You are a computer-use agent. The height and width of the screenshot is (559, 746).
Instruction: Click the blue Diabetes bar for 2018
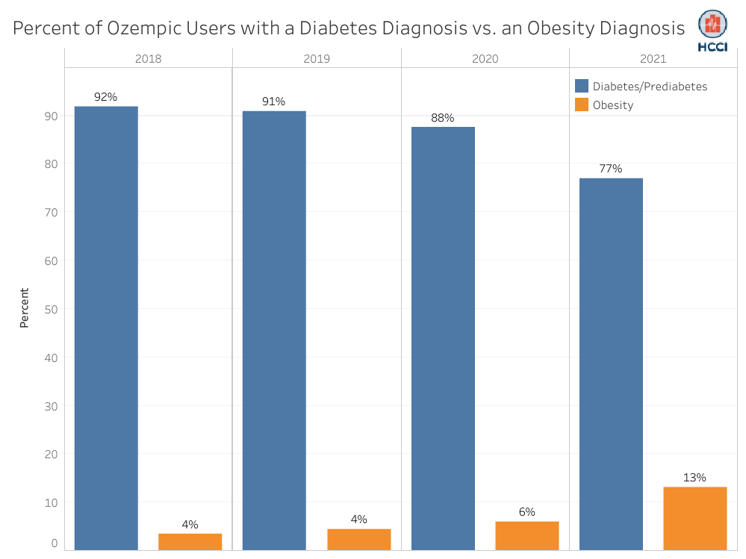[x=106, y=328]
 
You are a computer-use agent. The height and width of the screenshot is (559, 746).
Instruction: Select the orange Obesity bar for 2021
[x=694, y=519]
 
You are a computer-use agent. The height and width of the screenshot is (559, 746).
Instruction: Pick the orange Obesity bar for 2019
[x=358, y=540]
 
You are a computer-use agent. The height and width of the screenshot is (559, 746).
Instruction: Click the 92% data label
[x=105, y=97]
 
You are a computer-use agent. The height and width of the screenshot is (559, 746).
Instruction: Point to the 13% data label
[x=694, y=478]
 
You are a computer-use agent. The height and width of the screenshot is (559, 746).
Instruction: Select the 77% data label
[x=611, y=169]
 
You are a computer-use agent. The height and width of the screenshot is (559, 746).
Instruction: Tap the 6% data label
[x=527, y=512]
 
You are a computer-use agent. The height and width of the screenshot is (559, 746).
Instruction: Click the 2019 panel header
[x=317, y=58]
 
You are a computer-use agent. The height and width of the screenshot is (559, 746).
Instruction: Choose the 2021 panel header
[x=653, y=58]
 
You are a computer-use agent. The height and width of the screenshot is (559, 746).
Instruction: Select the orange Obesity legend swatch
[x=582, y=105]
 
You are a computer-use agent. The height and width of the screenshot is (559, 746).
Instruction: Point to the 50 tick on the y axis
[x=51, y=309]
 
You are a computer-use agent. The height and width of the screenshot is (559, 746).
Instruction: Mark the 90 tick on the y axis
[x=51, y=116]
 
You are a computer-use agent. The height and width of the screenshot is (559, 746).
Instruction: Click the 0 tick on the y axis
[x=55, y=543]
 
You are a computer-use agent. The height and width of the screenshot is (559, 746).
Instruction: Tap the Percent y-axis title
[x=25, y=308]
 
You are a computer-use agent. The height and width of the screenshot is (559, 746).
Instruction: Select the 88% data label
[x=442, y=118]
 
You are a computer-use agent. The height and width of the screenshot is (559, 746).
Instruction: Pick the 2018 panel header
[x=148, y=58]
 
